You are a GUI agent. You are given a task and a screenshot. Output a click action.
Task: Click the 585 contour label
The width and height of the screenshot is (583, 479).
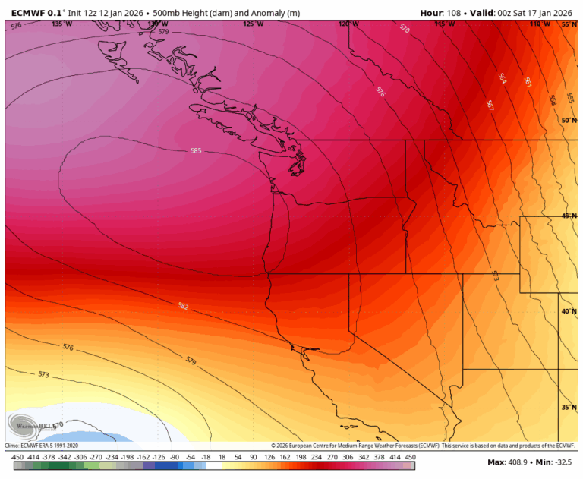(x=196, y=151)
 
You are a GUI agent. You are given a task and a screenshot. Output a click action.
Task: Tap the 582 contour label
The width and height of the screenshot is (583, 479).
(x=183, y=307)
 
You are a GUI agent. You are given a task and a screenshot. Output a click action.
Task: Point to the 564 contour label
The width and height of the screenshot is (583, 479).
(x=502, y=78)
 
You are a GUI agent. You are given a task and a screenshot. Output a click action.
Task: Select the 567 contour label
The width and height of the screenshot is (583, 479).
(x=490, y=106)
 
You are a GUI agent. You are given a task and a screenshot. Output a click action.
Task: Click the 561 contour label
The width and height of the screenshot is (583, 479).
(x=527, y=82)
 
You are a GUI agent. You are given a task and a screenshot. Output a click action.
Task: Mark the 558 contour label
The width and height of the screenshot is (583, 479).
(x=552, y=99)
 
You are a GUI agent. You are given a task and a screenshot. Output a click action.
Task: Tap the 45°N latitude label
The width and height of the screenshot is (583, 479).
(x=569, y=216)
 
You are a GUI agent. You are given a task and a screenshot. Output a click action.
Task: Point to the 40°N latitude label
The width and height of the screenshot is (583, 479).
(x=569, y=311)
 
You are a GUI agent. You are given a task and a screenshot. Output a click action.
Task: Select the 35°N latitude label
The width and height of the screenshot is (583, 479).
(x=569, y=408)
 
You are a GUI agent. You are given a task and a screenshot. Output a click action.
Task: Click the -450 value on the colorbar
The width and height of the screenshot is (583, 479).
(x=17, y=457)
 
